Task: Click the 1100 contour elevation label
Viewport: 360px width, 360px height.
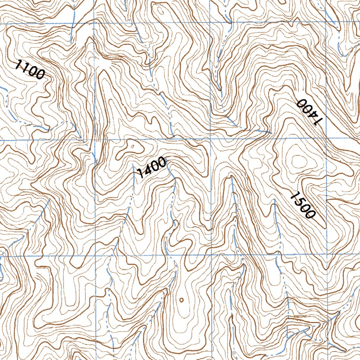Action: [30, 69]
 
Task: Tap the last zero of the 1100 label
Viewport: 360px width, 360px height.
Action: [40, 75]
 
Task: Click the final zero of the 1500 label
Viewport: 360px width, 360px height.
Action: [309, 213]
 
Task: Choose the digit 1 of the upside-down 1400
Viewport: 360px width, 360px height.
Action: [318, 121]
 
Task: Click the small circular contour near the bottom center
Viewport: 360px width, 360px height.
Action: [181, 300]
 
